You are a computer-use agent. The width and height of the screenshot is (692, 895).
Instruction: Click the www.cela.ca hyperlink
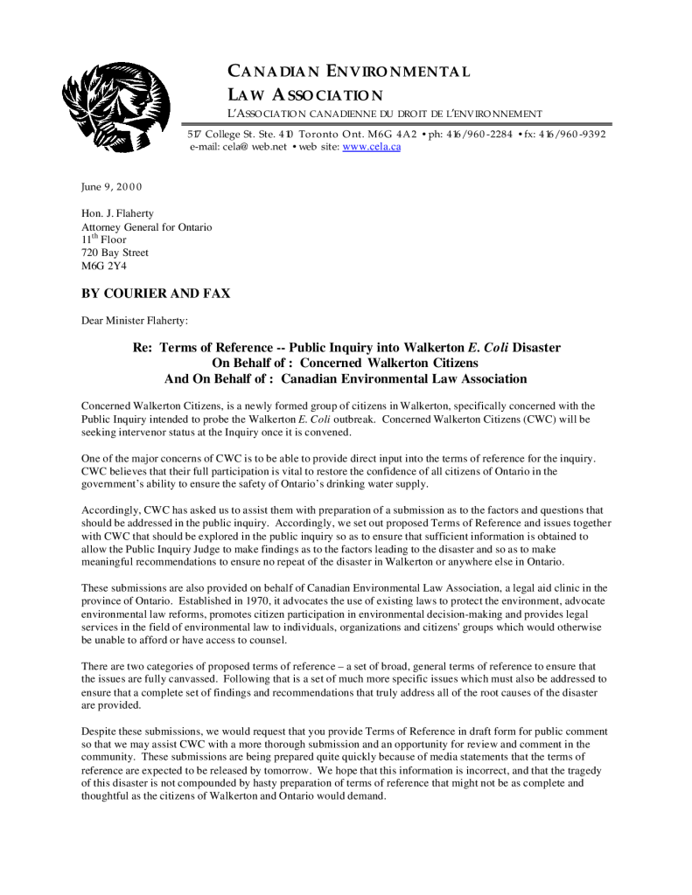pyautogui.click(x=371, y=147)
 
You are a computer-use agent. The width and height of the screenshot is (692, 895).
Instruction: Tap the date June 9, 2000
pyautogui.click(x=111, y=187)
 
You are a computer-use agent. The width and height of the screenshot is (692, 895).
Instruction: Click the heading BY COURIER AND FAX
pyautogui.click(x=155, y=294)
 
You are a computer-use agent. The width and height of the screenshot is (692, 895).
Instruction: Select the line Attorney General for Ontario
pyautogui.click(x=146, y=227)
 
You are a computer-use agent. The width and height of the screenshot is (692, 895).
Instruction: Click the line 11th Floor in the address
pyautogui.click(x=103, y=239)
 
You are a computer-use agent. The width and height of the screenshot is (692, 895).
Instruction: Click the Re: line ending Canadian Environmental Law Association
pyautogui.click(x=346, y=379)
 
